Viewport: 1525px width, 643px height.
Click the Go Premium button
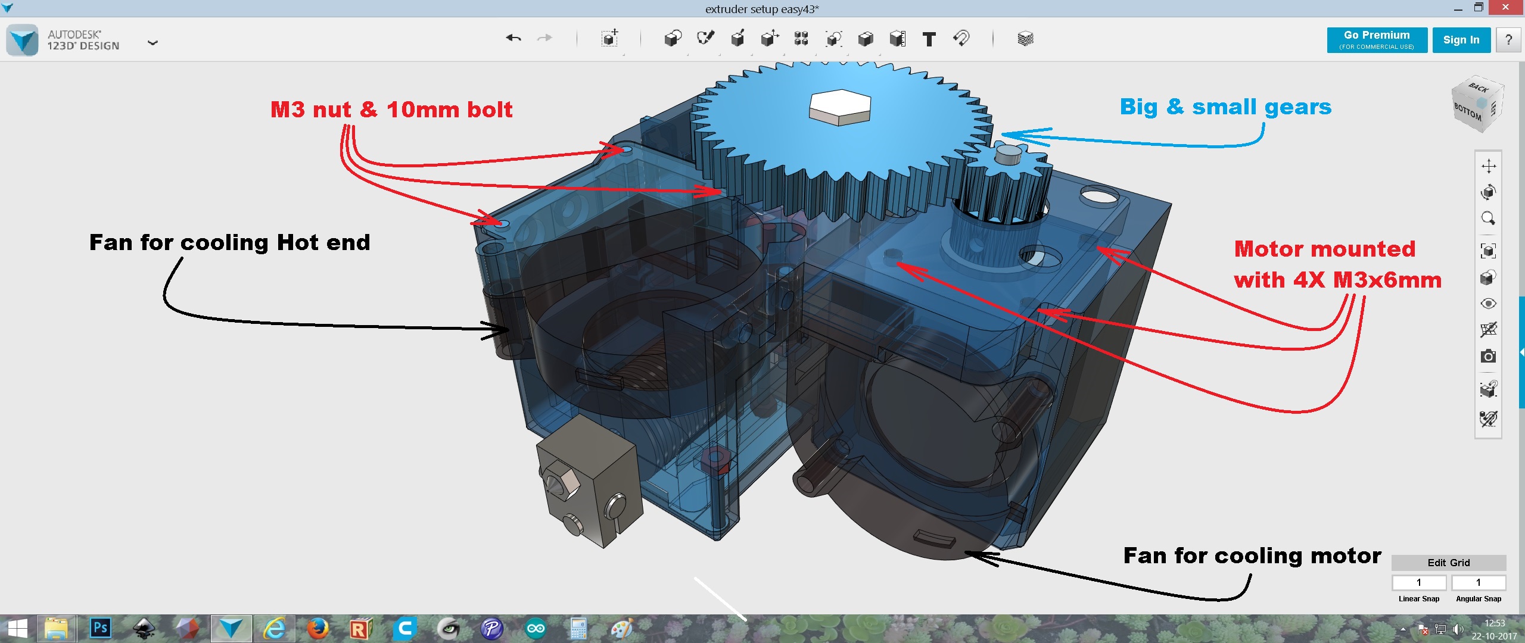click(x=1377, y=40)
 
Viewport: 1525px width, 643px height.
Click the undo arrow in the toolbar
click(x=513, y=39)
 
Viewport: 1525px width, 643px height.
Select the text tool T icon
click(x=929, y=39)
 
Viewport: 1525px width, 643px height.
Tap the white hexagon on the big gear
click(x=840, y=107)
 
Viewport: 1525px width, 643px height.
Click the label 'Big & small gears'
click(x=1225, y=107)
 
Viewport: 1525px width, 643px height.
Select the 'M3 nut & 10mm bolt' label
click(x=391, y=110)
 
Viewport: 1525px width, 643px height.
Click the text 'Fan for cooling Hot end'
click(x=229, y=243)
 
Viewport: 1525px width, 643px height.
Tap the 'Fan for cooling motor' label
click(x=1252, y=555)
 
